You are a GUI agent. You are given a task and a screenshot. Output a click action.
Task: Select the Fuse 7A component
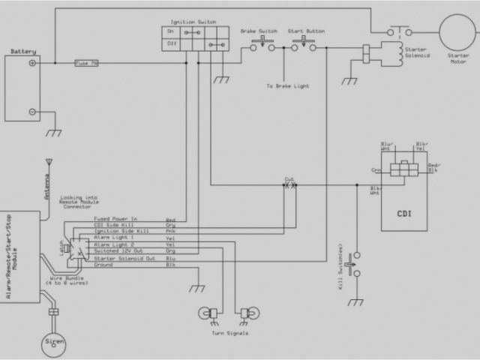[85, 64]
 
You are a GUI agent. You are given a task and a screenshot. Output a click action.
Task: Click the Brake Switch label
[256, 32]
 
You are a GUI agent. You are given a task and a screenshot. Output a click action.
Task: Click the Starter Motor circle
[459, 34]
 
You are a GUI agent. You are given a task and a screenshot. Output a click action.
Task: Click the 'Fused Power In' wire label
[115, 219]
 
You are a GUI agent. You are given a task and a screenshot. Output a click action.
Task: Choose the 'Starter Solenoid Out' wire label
[124, 257]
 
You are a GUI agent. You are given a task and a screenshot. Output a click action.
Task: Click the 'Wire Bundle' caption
[71, 279]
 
